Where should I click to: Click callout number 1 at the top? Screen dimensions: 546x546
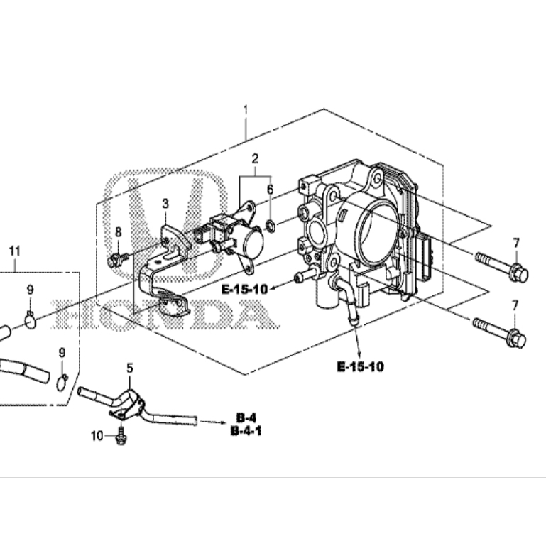tap(246, 110)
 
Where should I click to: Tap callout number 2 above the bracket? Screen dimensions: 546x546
tap(255, 159)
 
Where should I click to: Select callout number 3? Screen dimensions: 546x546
tap(165, 204)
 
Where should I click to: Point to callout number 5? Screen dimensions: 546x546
tap(130, 368)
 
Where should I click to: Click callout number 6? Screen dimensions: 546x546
tap(271, 190)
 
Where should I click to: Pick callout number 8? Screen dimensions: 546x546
tap(119, 232)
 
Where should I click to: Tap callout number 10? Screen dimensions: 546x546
tap(97, 436)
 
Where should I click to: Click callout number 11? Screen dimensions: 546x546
tap(15, 251)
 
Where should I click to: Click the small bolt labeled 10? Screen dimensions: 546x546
tap(121, 437)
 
